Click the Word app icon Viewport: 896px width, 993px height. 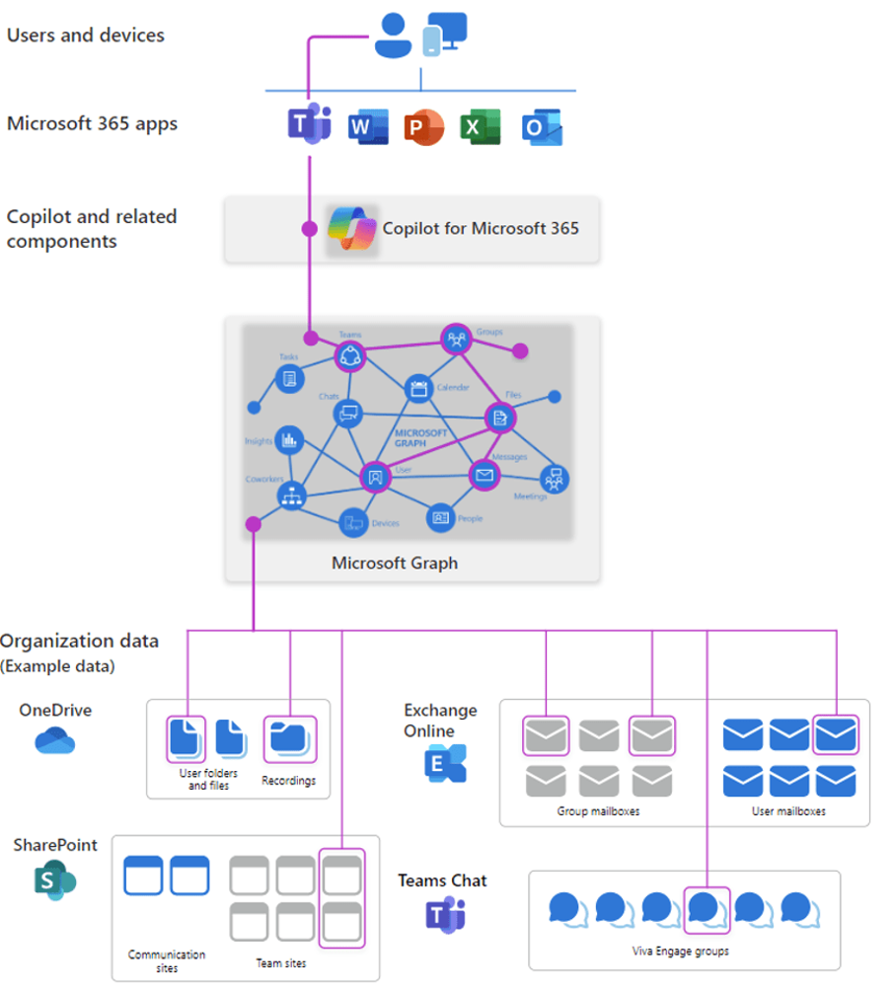tap(366, 127)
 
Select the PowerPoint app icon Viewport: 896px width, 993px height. tap(423, 127)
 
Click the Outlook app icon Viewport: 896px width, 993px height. tap(542, 128)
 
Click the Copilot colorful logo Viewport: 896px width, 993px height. tap(352, 229)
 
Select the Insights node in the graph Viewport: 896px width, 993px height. tap(289, 439)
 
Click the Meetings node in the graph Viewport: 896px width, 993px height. tap(553, 480)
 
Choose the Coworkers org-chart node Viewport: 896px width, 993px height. tap(291, 496)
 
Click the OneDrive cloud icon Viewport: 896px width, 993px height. tap(55, 740)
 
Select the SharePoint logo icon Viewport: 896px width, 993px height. tap(54, 880)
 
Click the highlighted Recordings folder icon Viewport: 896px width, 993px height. tap(290, 738)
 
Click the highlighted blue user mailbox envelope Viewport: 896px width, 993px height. tap(835, 734)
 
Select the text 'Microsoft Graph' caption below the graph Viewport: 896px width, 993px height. tap(395, 563)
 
